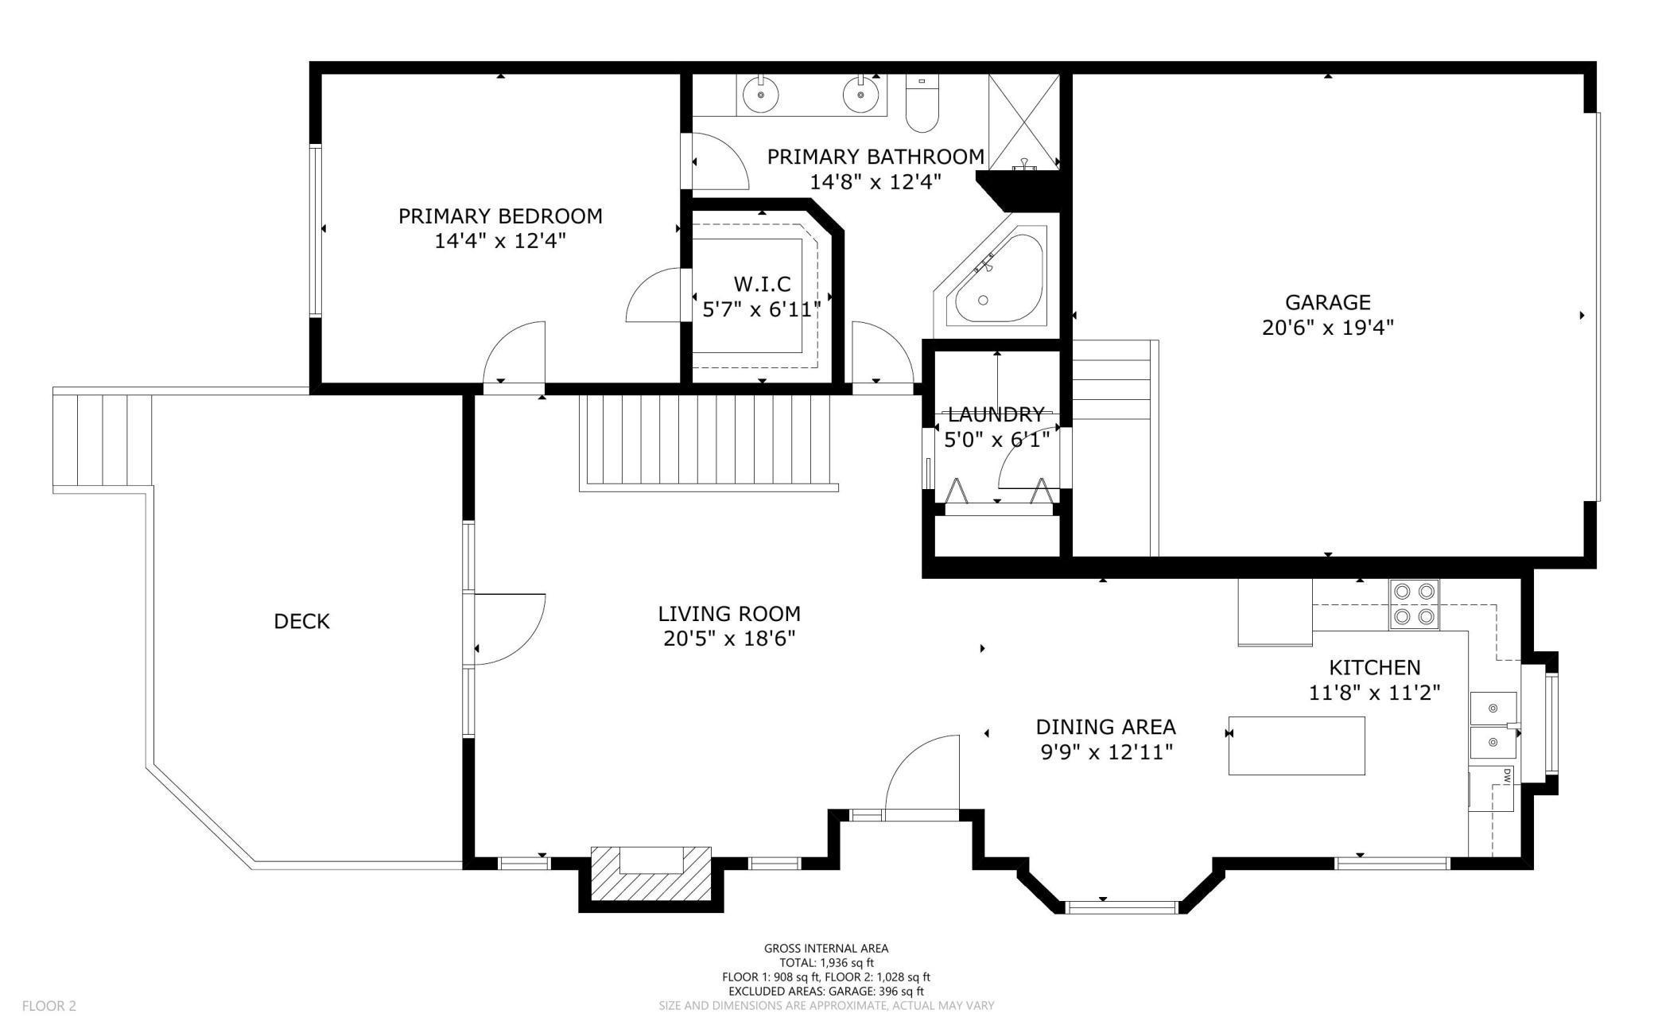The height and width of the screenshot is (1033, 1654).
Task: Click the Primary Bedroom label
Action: pos(500,216)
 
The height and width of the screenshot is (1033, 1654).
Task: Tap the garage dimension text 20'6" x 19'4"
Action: pos(1328,328)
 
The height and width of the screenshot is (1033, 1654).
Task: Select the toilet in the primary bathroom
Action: pos(922,103)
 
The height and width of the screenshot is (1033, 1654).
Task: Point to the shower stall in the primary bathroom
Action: pos(1024,122)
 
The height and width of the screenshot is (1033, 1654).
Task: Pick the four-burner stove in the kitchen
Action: pos(1415,604)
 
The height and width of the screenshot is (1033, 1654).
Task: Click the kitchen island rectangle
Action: pos(1297,745)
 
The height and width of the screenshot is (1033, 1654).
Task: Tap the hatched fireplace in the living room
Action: pos(650,873)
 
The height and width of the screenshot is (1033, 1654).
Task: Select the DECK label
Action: pos(301,621)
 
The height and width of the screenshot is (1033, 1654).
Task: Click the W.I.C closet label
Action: pos(762,284)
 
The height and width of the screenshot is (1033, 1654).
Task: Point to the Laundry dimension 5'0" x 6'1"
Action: pos(996,439)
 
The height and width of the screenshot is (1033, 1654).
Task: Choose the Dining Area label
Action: pos(1105,727)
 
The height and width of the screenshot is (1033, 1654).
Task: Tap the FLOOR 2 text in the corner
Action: pos(49,1006)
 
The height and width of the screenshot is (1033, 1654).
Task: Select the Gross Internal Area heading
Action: pos(826,948)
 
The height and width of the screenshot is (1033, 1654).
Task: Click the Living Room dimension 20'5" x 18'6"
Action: pos(729,639)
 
